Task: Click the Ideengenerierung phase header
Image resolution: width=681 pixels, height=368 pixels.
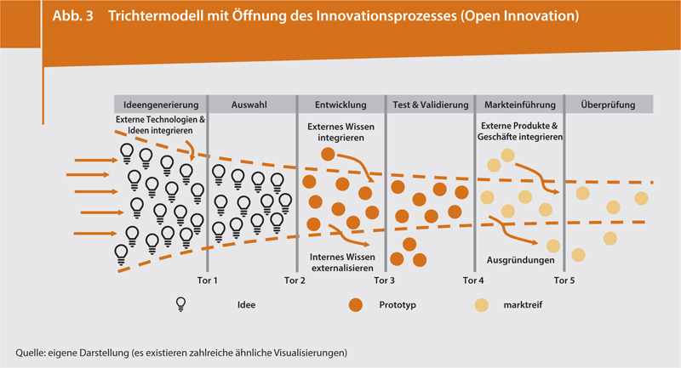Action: click(161, 105)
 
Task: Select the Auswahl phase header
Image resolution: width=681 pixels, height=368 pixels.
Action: click(251, 105)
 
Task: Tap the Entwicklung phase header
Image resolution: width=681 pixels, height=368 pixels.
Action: click(340, 105)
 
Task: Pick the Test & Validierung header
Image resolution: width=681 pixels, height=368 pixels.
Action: click(429, 105)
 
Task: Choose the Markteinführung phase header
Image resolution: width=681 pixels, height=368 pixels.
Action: click(519, 105)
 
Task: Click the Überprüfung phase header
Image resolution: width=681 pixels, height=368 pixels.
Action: click(609, 105)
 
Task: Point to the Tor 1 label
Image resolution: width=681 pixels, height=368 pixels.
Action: click(208, 280)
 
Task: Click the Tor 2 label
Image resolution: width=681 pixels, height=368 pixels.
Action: click(295, 280)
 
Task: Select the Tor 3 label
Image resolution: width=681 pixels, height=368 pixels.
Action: click(385, 280)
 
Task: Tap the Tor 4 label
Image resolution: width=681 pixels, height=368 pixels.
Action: click(473, 280)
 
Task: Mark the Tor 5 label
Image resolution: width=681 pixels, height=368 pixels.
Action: click(564, 280)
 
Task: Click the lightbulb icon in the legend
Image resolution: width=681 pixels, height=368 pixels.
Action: click(180, 304)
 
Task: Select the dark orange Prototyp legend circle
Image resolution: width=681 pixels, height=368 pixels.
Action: click(356, 304)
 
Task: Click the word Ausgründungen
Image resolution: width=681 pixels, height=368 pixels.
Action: click(520, 260)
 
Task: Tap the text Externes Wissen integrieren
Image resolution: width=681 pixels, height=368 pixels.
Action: click(340, 132)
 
